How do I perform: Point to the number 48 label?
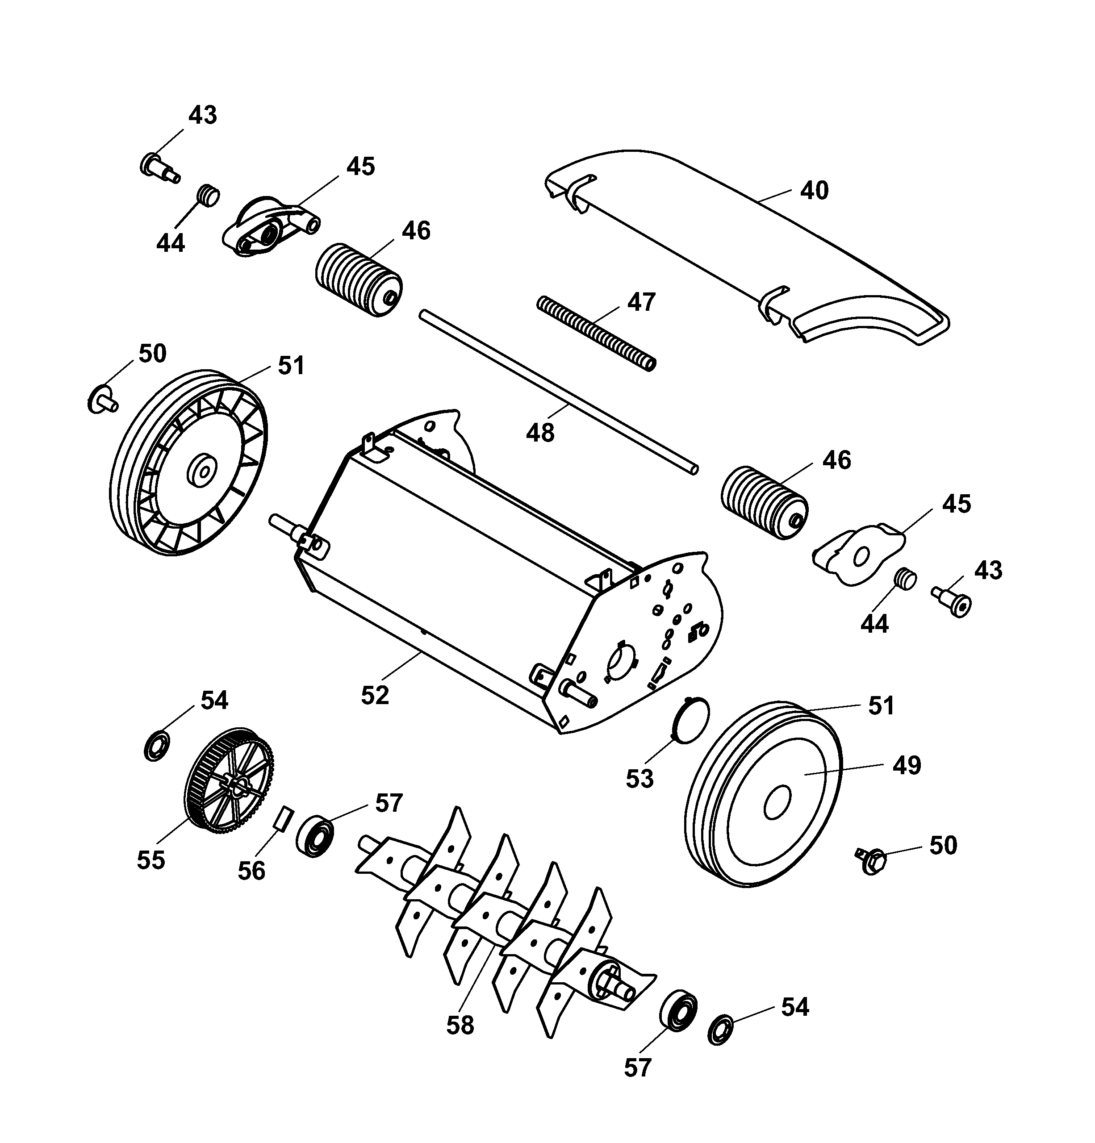coord(539,433)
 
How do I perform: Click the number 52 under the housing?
coord(375,695)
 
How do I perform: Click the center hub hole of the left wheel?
coord(202,469)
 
